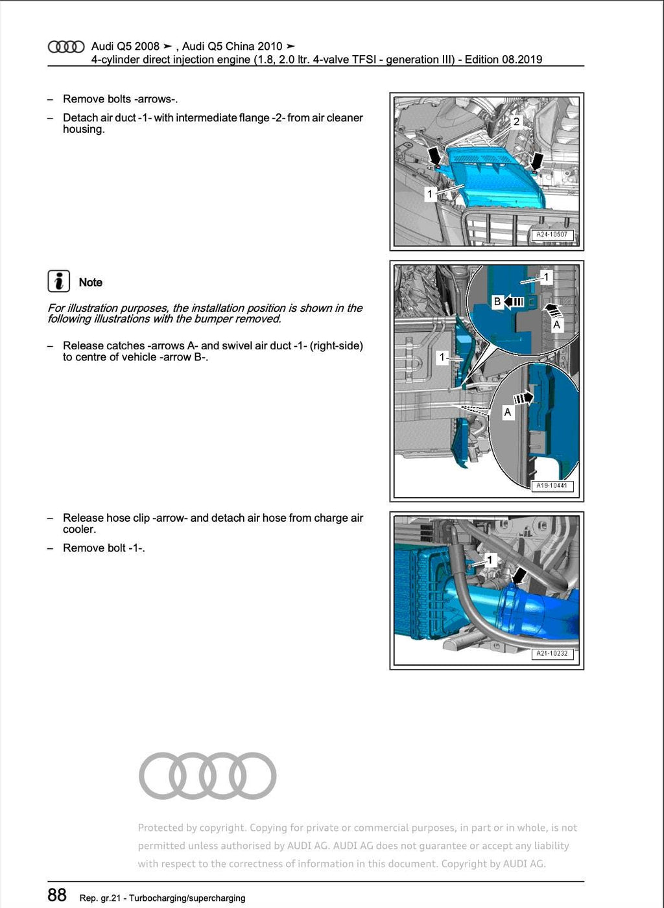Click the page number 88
pos(57,895)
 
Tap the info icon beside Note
pos(59,281)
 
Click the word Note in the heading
pos(91,283)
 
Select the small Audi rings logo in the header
pos(66,47)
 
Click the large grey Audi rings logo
pos(207,776)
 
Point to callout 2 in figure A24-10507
pos(516,121)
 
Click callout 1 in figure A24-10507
pos(429,193)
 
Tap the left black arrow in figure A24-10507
pos(435,156)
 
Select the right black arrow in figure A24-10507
pos(536,161)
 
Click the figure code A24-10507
pos(551,235)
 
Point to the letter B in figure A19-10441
pos(497,301)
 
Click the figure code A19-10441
pos(551,485)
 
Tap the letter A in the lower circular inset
pos(508,412)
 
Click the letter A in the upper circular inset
pos(556,325)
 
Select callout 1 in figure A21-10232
pos(490,559)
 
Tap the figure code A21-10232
pos(551,653)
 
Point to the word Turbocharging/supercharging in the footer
pos(187,898)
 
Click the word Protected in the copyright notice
pos(160,828)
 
